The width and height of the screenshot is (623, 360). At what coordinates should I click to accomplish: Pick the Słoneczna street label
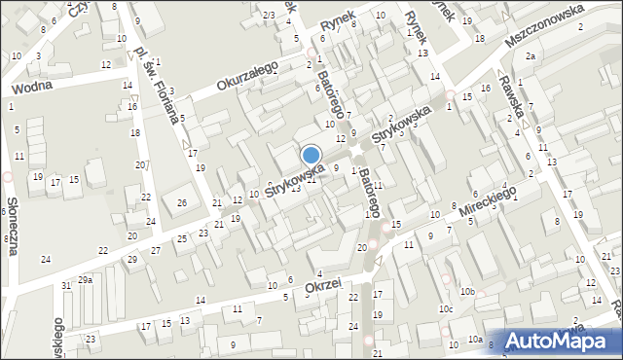(x=15, y=223)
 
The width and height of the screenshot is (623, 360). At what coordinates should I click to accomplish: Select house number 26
(x=181, y=202)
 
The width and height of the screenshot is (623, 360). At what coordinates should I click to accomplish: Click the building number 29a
(x=86, y=279)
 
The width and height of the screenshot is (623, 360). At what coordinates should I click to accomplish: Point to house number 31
(x=66, y=285)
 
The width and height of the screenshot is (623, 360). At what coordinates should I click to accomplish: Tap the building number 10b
(x=468, y=291)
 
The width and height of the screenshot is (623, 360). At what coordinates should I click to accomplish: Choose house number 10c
(x=445, y=309)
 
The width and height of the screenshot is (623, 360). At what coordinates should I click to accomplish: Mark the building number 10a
(x=474, y=339)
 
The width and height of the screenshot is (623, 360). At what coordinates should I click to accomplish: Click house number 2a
(x=531, y=56)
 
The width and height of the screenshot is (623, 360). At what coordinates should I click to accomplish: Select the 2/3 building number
(x=269, y=15)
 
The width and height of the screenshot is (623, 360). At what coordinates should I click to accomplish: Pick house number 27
(x=156, y=250)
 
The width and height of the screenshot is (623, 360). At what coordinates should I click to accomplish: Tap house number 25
(x=181, y=238)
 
